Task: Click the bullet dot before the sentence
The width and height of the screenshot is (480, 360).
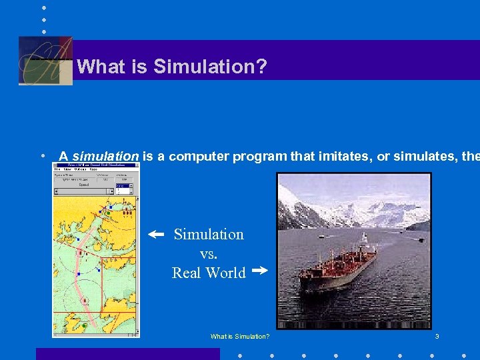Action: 43,156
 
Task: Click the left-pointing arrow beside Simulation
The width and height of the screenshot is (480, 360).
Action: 155,235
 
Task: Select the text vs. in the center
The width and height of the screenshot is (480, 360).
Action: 209,253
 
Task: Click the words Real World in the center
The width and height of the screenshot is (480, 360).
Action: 209,273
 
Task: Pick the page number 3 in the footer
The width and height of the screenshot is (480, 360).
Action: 437,337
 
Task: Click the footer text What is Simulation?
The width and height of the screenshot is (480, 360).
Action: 240,337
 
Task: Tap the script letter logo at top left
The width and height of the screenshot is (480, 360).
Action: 45,61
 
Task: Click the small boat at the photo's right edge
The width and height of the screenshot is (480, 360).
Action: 421,240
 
